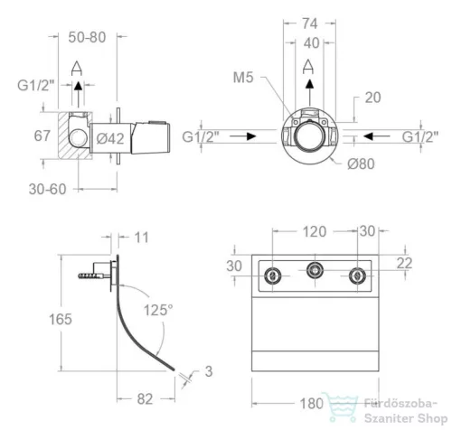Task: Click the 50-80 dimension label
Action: [87, 37]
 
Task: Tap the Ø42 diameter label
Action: [110, 139]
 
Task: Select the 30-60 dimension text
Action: [47, 190]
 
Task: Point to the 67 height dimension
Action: [42, 136]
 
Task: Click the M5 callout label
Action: [243, 78]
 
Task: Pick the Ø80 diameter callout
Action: [361, 164]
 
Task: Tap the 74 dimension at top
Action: [310, 23]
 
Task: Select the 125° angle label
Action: [158, 310]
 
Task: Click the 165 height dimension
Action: [61, 319]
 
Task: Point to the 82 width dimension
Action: [145, 399]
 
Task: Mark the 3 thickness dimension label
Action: [209, 371]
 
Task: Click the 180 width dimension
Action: [311, 404]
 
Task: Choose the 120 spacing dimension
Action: [315, 232]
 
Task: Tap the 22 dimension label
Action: [404, 264]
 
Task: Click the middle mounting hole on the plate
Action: [315, 270]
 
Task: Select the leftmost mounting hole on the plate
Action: [273, 276]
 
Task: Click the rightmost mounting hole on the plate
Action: [357, 276]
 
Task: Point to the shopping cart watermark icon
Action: [341, 407]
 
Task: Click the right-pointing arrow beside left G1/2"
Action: [243, 136]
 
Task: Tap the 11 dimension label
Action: [141, 238]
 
